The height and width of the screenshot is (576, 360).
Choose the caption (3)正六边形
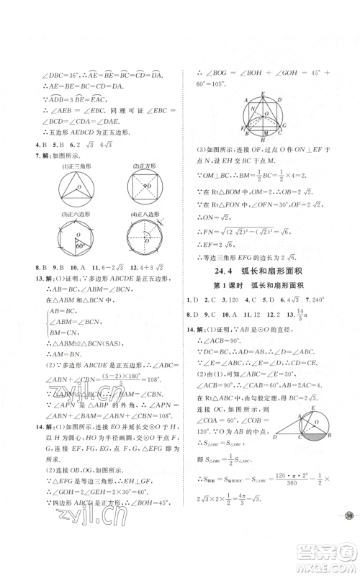tap(71, 214)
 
